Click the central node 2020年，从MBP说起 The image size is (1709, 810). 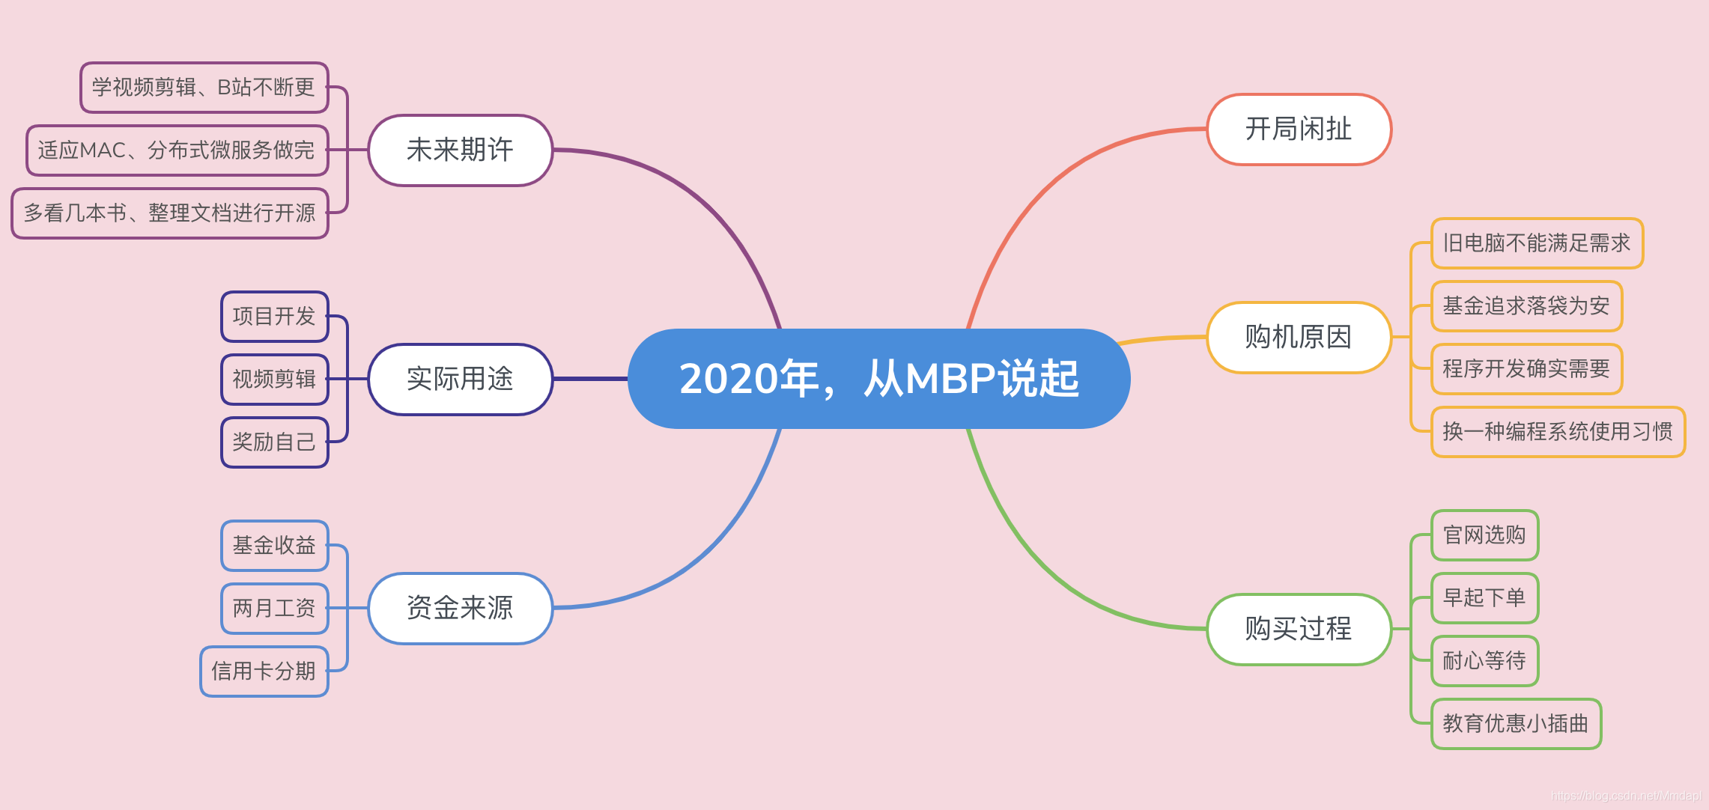pos(878,378)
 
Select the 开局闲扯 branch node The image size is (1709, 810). pos(1299,130)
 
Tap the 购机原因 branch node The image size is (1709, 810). pos(1299,338)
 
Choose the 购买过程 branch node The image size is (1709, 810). pos(1299,629)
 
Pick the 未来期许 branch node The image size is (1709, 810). pos(460,150)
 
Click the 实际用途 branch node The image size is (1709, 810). pos(460,379)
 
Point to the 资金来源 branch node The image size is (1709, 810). pos(460,608)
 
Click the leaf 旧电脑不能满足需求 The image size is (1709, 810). pos(1537,243)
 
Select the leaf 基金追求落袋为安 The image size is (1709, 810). pos(1526,306)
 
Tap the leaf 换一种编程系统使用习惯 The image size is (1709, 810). pos(1558,432)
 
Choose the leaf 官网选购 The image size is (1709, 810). pos(1484,535)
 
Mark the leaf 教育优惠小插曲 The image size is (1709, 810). pos(1516,724)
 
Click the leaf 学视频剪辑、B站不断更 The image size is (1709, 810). pos(204,88)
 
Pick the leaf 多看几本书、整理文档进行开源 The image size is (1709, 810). pos(170,213)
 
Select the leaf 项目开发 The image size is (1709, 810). pos(274,317)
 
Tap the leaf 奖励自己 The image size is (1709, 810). pos(274,442)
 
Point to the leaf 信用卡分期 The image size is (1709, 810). pos(264,672)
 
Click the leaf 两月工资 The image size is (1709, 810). pos(274,609)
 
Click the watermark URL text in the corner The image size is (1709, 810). pos(1626,796)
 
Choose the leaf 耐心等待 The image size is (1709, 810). pos(1484,661)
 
